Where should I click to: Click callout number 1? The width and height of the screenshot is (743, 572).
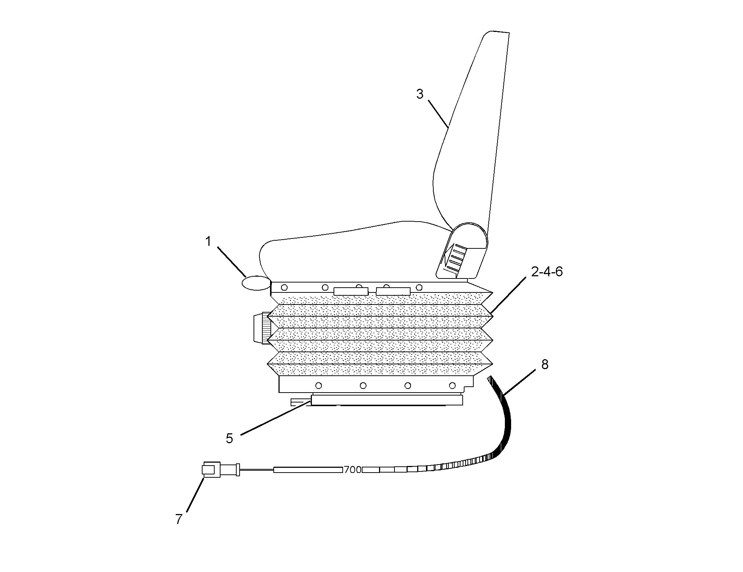click(208, 242)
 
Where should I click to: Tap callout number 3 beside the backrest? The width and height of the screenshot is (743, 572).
click(420, 94)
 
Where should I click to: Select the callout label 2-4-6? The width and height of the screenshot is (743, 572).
click(546, 272)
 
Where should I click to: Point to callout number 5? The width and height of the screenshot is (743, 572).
click(229, 438)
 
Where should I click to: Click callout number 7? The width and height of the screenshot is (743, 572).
click(179, 519)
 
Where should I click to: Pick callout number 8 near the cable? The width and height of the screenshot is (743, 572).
click(544, 364)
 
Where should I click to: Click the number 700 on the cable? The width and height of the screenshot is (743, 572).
click(353, 470)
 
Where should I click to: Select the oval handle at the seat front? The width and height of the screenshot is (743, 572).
click(255, 283)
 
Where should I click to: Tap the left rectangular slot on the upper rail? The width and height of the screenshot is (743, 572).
click(351, 291)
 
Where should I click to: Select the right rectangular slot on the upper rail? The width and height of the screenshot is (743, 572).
click(393, 291)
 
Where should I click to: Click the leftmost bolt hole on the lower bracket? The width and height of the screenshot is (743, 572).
click(318, 386)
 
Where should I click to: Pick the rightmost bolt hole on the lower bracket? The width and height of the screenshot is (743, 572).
click(452, 386)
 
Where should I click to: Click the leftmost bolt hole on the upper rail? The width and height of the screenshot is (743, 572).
click(284, 287)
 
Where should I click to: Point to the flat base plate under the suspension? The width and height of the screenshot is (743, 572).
click(387, 400)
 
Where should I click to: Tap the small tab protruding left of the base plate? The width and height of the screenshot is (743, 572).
click(301, 402)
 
